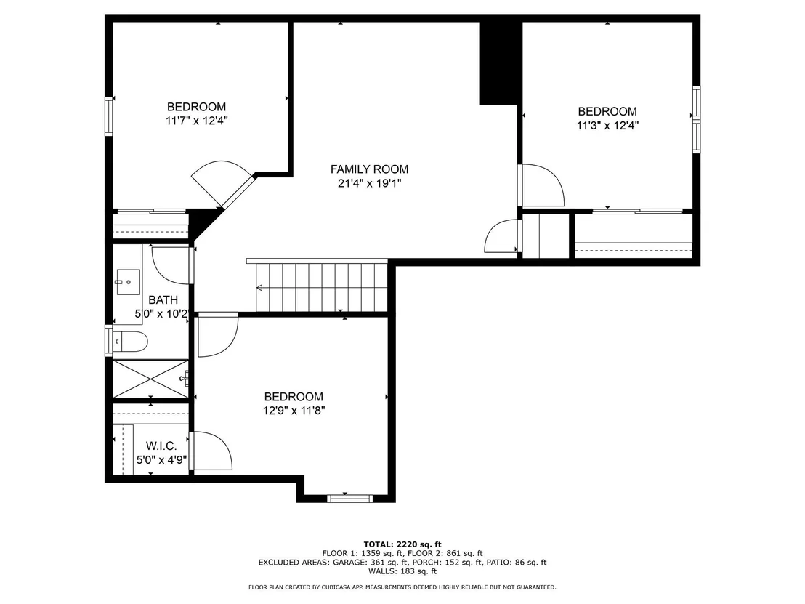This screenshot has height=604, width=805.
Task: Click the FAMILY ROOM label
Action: click(x=369, y=169)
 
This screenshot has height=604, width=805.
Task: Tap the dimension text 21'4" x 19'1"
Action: click(x=369, y=183)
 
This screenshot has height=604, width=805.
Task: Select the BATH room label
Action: click(x=163, y=300)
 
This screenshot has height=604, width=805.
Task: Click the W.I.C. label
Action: click(x=161, y=446)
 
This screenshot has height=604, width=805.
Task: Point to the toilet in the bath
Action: click(x=130, y=341)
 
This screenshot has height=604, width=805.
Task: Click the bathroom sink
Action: click(x=129, y=282)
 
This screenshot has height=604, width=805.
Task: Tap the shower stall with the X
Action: click(x=150, y=379)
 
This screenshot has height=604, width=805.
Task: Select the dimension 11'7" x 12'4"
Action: click(x=197, y=121)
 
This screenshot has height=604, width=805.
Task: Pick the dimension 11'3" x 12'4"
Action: click(x=607, y=125)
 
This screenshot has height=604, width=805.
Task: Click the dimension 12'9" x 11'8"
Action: click(x=294, y=411)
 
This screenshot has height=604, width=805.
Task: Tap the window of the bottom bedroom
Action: click(x=350, y=498)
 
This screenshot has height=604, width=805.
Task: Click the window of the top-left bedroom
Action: click(x=109, y=116)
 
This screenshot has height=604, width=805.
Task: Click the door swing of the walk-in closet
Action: click(x=211, y=451)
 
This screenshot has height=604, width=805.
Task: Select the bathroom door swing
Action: click(x=172, y=265)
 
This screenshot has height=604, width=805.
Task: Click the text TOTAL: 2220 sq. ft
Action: click(x=402, y=544)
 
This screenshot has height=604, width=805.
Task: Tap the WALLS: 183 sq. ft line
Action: click(x=402, y=571)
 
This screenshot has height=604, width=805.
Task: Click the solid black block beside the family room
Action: click(x=498, y=63)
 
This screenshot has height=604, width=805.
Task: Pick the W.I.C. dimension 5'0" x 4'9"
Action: click(x=161, y=459)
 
